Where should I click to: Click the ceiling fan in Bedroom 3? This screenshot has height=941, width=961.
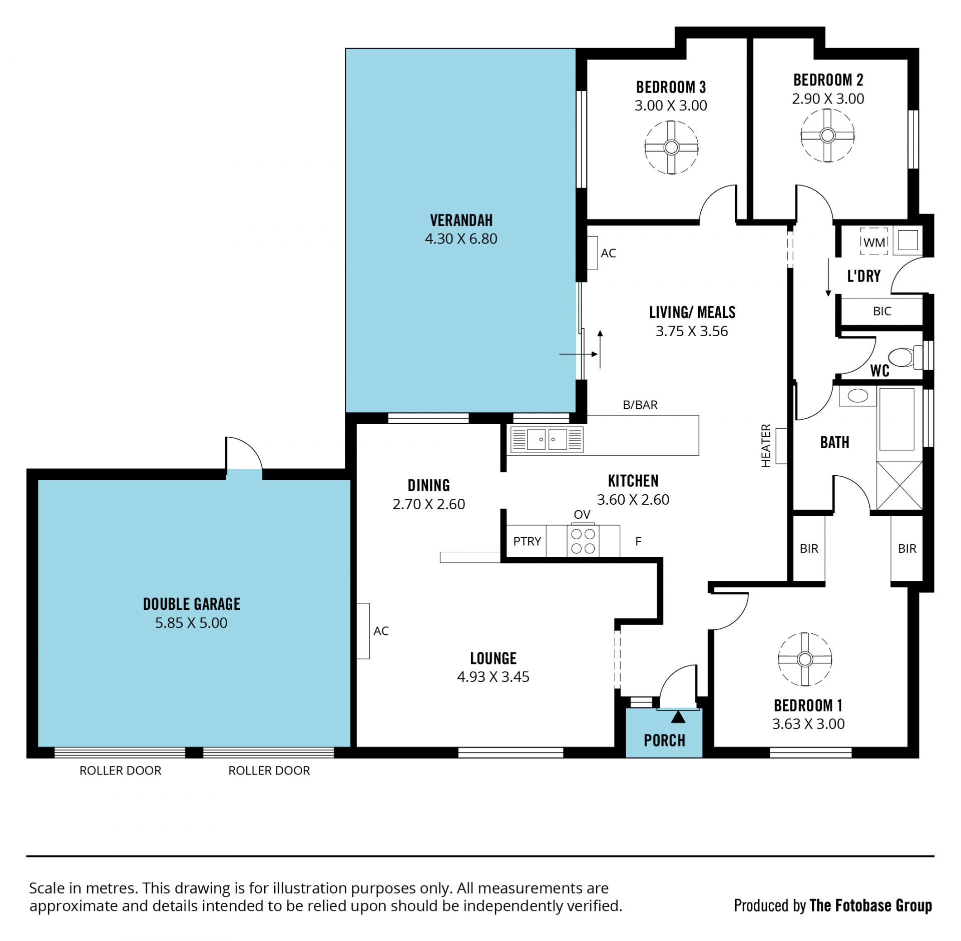(x=671, y=148)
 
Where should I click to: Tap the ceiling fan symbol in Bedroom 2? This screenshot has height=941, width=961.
(x=827, y=135)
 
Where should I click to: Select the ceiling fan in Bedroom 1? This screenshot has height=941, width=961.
(x=805, y=659)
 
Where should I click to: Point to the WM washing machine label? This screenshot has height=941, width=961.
(x=874, y=243)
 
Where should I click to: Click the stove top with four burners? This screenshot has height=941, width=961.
(x=583, y=541)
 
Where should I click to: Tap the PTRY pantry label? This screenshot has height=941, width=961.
(x=527, y=541)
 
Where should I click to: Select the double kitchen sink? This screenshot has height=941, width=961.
(x=547, y=440)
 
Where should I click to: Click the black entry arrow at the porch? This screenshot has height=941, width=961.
(x=678, y=717)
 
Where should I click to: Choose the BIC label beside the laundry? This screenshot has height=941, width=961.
(x=882, y=311)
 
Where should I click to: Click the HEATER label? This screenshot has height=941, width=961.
(x=766, y=446)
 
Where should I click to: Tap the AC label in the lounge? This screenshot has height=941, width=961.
(x=381, y=631)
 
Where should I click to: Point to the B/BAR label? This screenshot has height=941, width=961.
(x=640, y=405)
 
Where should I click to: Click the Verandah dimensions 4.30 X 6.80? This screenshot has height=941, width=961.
(x=461, y=239)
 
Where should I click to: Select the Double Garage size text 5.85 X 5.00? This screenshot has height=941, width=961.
(x=191, y=623)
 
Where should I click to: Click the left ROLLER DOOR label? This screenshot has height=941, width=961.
(x=121, y=770)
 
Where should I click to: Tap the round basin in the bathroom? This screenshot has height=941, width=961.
(x=858, y=396)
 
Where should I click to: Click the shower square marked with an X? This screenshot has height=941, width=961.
(x=899, y=485)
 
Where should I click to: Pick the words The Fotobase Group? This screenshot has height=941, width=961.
(x=870, y=905)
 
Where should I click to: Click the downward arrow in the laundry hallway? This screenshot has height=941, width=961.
(x=828, y=277)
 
